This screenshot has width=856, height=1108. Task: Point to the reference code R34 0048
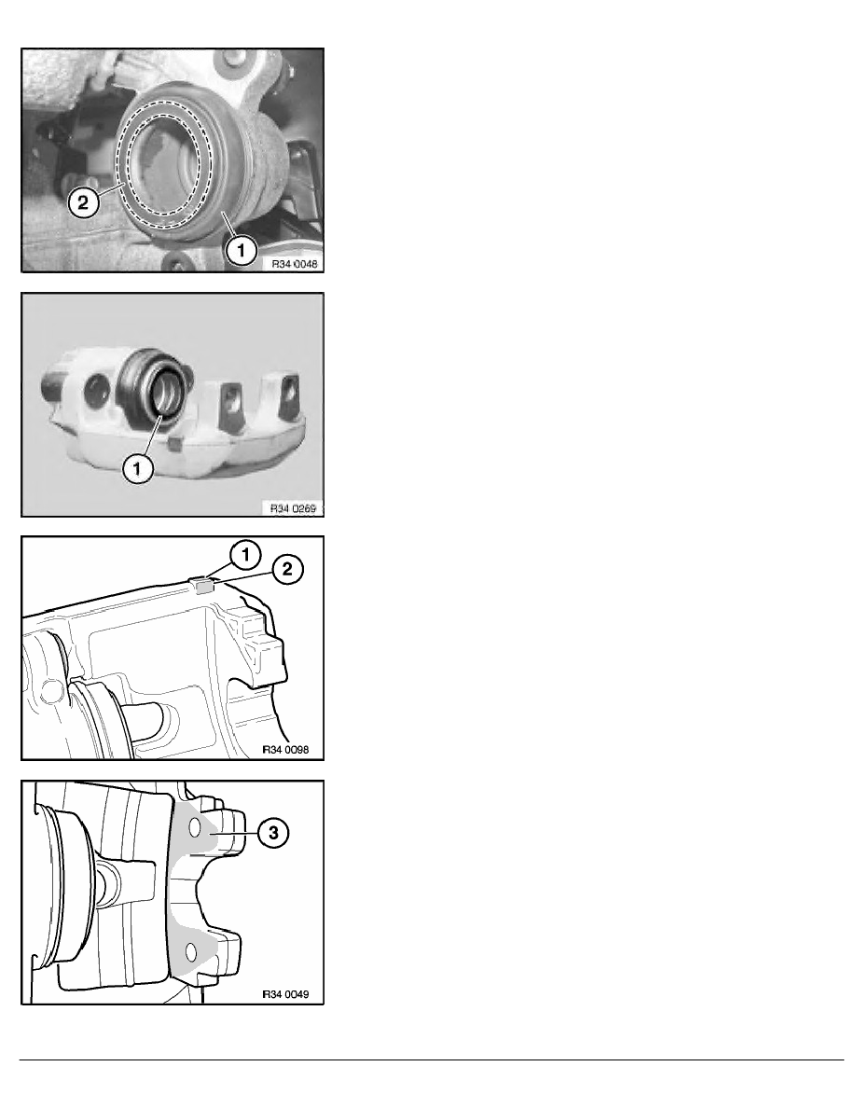(293, 264)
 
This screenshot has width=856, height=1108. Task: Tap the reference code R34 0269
(292, 508)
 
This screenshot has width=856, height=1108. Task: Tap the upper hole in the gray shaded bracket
(196, 828)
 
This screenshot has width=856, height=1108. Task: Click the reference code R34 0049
(291, 994)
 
